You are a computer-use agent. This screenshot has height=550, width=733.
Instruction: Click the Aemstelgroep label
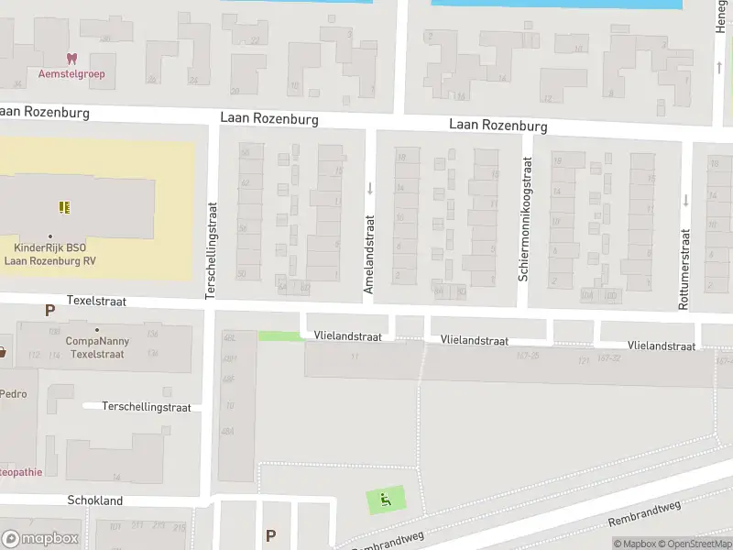pos(71,73)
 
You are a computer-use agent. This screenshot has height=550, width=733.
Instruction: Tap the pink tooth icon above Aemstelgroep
pos(71,59)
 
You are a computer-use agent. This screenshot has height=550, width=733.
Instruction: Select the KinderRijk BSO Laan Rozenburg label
pos(50,254)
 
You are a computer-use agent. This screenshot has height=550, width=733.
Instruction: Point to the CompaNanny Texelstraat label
pos(97,346)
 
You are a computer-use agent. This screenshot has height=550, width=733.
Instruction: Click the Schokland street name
pos(94,500)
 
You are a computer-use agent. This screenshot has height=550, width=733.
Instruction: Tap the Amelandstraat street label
pos(369,255)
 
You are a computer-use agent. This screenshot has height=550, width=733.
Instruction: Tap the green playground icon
pos(386,500)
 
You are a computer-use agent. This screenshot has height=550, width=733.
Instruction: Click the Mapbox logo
pos(40,539)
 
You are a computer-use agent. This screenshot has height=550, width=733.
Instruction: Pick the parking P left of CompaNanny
pos(49,311)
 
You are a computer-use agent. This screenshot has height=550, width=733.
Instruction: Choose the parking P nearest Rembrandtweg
pos(270,535)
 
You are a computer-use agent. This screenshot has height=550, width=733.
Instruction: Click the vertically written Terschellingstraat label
pos(211,249)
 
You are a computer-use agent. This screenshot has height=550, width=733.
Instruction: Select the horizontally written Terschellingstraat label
pos(147,406)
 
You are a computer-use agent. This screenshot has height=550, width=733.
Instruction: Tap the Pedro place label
pos(13,394)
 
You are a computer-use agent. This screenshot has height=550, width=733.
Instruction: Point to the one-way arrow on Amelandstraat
pos(369,189)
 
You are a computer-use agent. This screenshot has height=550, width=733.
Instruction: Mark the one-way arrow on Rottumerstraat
pos(684,200)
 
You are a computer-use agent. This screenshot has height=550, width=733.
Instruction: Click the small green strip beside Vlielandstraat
pos(279,336)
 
